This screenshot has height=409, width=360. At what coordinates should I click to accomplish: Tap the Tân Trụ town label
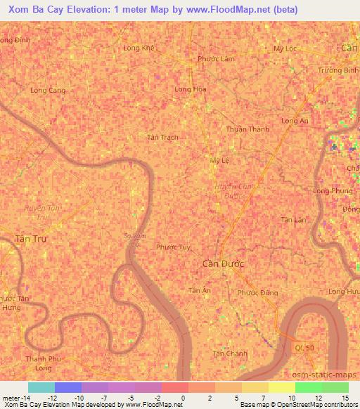31,239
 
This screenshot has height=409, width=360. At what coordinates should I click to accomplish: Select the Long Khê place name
138,48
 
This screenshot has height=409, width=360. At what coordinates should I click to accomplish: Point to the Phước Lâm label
215,59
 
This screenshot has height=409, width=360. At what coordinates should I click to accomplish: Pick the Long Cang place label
48,91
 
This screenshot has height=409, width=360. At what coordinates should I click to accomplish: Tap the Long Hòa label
191,89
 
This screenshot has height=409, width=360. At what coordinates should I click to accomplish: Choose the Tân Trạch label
162,137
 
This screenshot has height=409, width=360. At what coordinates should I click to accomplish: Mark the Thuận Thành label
247,129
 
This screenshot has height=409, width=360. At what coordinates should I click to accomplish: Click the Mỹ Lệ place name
221,160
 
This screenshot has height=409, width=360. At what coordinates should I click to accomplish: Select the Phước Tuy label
173,247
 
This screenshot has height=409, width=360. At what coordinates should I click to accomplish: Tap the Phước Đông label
257,292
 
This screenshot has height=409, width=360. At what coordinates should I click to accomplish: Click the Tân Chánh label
230,353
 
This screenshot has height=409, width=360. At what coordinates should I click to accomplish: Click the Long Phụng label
333,191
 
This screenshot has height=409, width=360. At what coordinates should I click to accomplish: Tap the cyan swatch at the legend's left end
41,387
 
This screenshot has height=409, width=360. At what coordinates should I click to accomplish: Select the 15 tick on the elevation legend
346,398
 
